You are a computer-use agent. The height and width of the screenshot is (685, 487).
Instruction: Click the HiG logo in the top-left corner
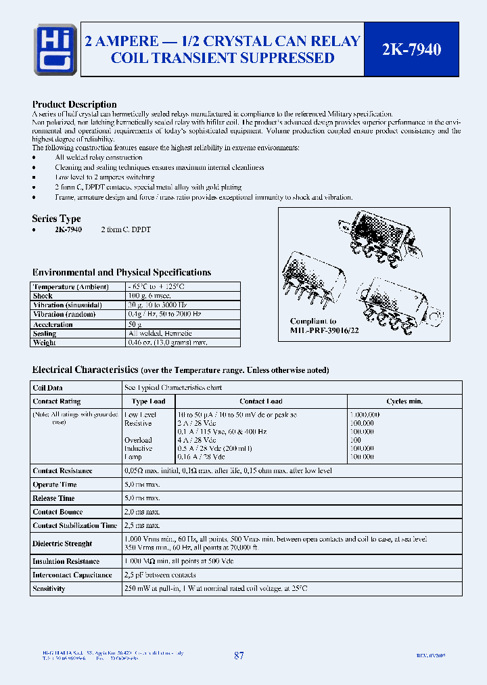(55, 49)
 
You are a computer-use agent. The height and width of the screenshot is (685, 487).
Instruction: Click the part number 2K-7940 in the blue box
(411, 49)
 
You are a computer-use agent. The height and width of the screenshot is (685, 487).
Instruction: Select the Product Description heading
(74, 104)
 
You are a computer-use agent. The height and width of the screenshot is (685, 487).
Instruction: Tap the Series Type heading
(56, 219)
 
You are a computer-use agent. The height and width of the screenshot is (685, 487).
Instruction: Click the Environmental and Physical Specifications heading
(122, 272)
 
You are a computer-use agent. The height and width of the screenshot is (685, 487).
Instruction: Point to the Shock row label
(43, 296)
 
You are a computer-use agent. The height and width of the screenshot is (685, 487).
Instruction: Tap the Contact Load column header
(260, 401)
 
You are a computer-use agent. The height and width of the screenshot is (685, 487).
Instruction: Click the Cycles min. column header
(404, 401)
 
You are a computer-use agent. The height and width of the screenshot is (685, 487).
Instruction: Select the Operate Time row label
(55, 485)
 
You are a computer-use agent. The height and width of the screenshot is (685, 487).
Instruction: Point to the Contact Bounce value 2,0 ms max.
(141, 512)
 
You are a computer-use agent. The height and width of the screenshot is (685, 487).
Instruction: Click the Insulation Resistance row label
(66, 561)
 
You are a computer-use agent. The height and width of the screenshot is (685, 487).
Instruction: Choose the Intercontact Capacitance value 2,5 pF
(159, 575)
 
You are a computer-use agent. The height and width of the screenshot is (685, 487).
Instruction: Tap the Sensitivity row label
(49, 589)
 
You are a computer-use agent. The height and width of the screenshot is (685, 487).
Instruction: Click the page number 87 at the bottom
(239, 656)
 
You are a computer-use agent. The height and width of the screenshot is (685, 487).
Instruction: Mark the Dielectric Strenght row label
(62, 544)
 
